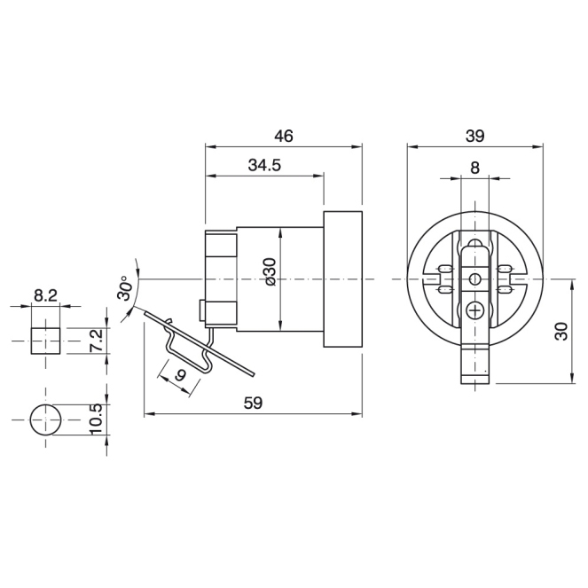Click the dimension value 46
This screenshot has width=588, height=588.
click(x=283, y=136)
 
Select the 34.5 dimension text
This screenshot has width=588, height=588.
click(x=264, y=165)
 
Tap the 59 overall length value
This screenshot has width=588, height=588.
click(x=253, y=404)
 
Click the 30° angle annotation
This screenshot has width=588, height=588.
click(x=125, y=288)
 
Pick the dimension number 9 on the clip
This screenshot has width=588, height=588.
click(x=181, y=374)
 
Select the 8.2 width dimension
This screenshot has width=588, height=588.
click(x=45, y=296)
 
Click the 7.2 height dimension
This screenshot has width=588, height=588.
click(x=96, y=341)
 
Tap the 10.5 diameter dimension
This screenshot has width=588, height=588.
click(x=96, y=419)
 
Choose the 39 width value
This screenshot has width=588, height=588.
click(x=474, y=136)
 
